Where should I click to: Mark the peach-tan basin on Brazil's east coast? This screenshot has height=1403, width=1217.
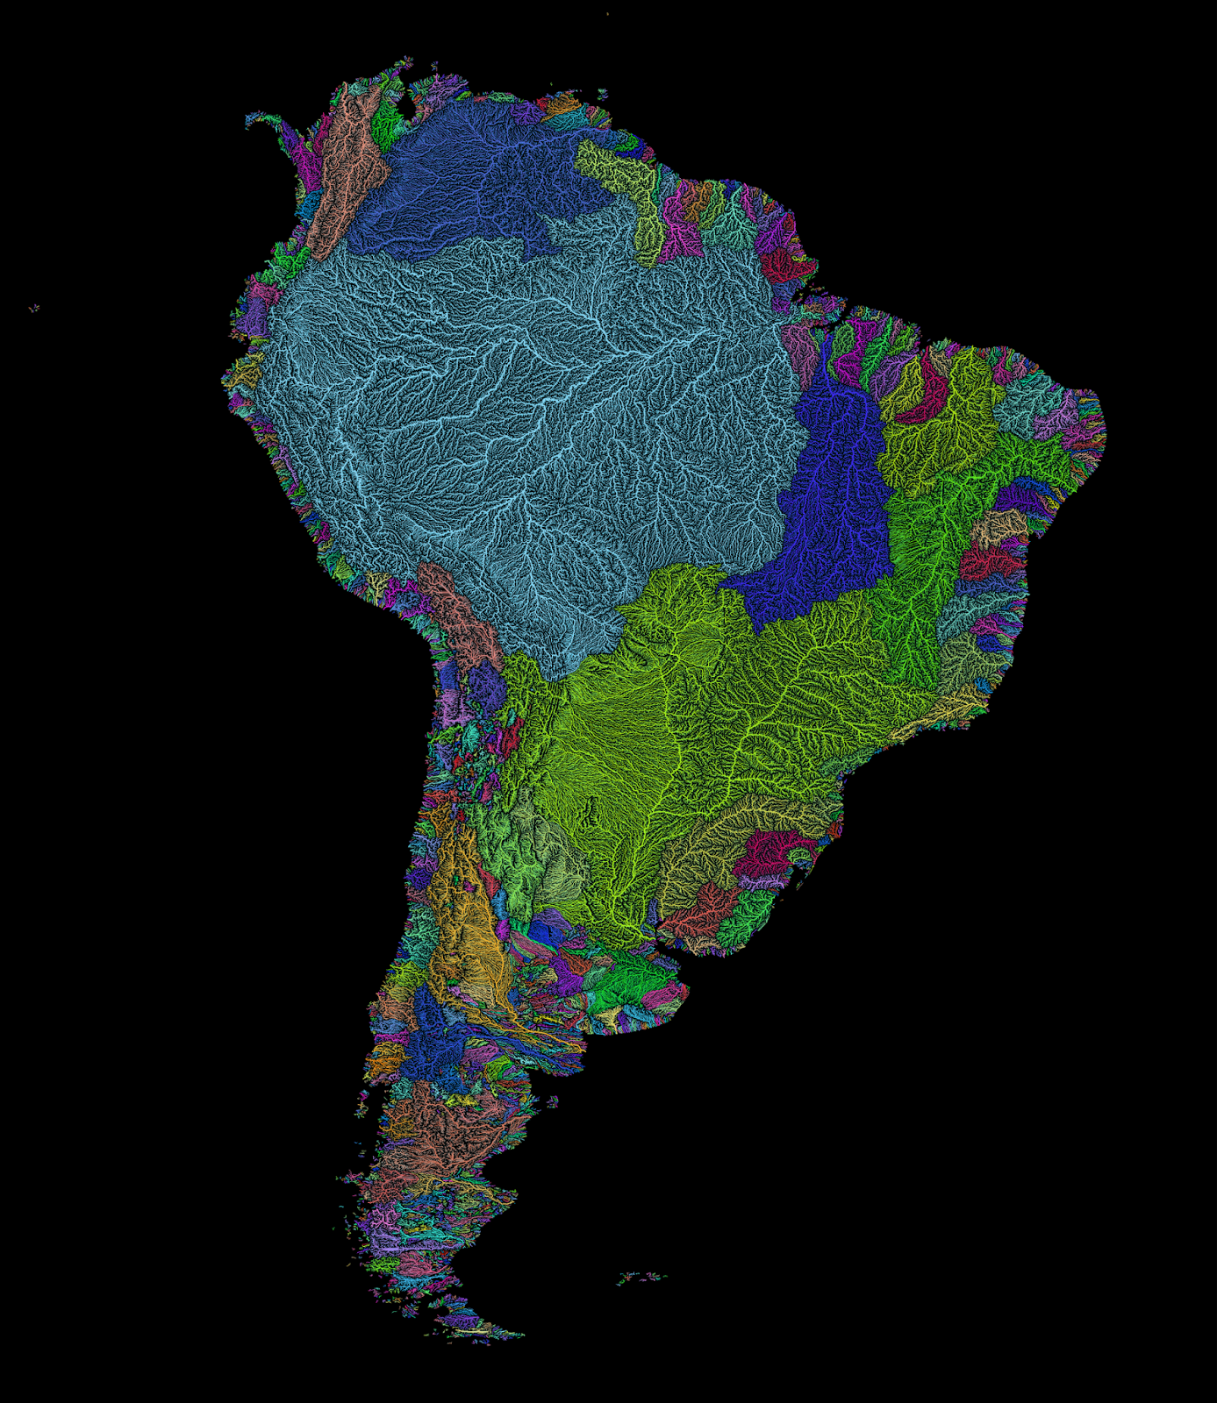[x=1000, y=526]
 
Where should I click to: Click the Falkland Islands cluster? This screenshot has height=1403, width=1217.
[x=641, y=1277]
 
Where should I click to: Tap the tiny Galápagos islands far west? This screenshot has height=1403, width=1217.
[x=34, y=308]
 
